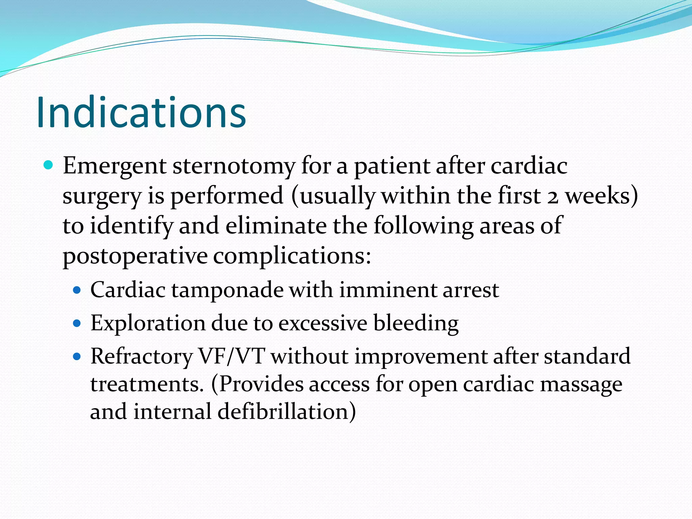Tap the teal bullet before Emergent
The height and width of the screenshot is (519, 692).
[49, 165]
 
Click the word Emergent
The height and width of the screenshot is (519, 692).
[115, 166]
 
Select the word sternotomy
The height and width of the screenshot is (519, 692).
[234, 167]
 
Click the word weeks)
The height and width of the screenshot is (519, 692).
[602, 196]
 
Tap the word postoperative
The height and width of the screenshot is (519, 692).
[135, 256]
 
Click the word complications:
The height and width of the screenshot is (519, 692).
[292, 256]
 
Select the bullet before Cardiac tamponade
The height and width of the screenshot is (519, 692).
[77, 290]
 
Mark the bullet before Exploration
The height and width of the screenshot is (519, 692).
[77, 323]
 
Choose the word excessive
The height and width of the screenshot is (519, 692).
[323, 323]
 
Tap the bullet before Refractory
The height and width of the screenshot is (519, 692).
[77, 356]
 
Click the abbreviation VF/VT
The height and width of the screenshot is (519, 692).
[231, 356]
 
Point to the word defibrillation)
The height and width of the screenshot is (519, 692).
[287, 412]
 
